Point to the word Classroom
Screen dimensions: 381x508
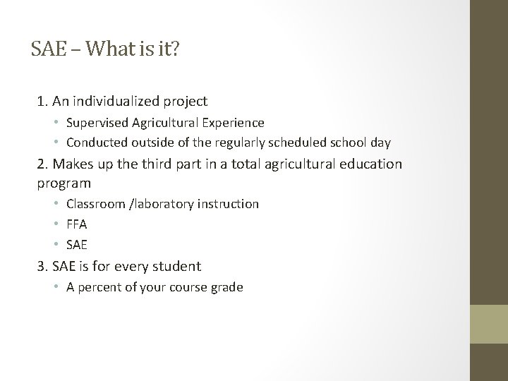(95, 204)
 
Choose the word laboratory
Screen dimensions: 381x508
(164, 204)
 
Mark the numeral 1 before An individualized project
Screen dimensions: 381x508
(40, 102)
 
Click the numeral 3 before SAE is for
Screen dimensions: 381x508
(40, 266)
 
